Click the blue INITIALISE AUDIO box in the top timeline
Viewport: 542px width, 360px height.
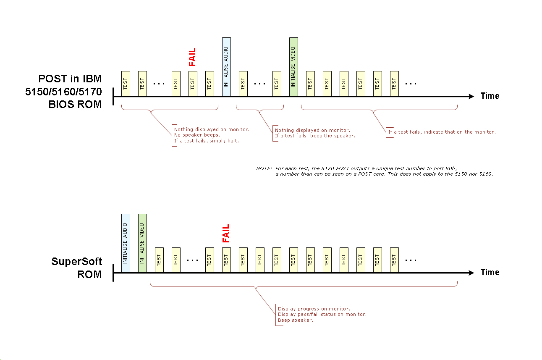[x=226, y=67]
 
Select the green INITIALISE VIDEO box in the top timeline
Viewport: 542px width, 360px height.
[x=293, y=67]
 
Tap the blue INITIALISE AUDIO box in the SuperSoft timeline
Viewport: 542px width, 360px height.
[x=126, y=243]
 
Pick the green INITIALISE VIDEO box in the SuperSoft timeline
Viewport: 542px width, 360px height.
[x=142, y=243]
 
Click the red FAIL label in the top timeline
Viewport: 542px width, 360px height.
[x=192, y=57]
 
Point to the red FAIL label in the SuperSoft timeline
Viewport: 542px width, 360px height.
[x=226, y=233]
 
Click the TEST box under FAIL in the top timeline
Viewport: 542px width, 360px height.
[x=193, y=84]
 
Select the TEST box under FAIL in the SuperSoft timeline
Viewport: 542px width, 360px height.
[x=226, y=260]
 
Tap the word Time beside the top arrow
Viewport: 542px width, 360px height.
[x=490, y=96]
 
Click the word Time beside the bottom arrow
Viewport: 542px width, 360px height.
[x=490, y=272]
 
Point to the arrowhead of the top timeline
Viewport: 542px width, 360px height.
[x=471, y=96]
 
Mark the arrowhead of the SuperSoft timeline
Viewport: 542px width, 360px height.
[x=471, y=273]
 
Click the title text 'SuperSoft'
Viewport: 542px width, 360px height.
[x=77, y=261]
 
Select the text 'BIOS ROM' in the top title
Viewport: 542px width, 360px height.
[x=75, y=105]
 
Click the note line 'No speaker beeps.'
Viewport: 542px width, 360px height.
[x=197, y=135]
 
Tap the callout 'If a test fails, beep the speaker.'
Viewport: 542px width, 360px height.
[x=315, y=136]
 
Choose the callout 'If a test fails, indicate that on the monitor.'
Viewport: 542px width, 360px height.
[x=442, y=132]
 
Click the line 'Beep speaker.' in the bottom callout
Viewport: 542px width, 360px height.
[x=296, y=320]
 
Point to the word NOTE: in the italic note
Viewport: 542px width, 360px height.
[x=264, y=168]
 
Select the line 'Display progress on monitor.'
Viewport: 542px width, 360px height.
[x=314, y=309]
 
